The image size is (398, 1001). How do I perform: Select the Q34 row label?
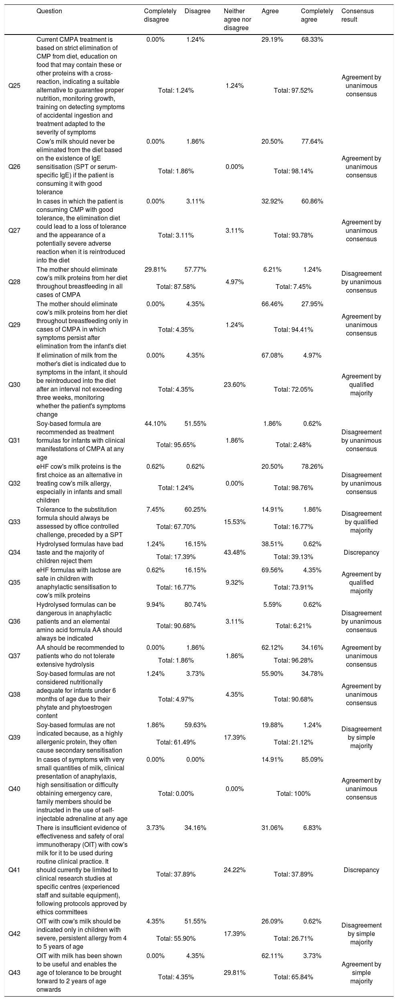click(14, 552)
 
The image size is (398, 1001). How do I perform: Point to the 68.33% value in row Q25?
click(312, 40)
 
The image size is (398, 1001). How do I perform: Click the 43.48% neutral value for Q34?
click(235, 552)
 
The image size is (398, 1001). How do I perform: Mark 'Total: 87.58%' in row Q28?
click(176, 287)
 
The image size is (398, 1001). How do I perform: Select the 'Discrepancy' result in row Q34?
click(361, 552)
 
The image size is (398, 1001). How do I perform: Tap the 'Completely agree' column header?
click(317, 15)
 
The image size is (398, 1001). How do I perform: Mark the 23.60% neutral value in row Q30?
click(235, 385)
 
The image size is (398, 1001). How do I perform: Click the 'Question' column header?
click(49, 11)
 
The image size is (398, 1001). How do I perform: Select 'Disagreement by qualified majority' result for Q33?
click(361, 522)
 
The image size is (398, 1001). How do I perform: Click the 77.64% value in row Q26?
click(312, 141)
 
